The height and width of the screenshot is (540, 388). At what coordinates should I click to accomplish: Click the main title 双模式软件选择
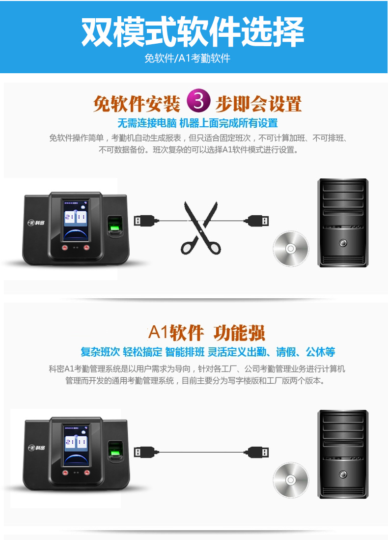tap(193, 31)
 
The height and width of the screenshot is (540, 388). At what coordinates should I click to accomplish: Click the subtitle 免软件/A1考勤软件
tap(187, 58)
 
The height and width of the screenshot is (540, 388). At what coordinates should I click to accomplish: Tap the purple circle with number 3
tap(198, 101)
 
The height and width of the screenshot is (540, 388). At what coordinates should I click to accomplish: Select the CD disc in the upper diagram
tap(291, 248)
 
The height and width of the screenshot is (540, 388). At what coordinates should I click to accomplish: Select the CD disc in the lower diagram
tap(291, 480)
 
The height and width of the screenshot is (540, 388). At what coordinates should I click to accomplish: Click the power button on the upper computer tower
tap(343, 243)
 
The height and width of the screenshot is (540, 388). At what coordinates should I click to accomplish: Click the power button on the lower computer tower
tap(343, 474)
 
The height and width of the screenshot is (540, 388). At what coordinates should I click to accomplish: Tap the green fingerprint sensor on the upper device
tap(114, 227)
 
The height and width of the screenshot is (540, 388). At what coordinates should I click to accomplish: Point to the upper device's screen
tap(76, 221)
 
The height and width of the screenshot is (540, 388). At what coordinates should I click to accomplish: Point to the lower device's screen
tap(76, 446)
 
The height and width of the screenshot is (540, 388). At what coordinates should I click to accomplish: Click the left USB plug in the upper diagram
tap(146, 221)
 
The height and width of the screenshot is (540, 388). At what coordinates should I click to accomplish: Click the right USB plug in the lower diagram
tap(256, 452)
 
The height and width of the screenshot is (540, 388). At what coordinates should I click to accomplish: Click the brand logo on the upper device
tap(36, 223)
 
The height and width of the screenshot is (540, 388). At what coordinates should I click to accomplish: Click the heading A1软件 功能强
tap(206, 333)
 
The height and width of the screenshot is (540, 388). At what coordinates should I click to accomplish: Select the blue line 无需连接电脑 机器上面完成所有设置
tap(197, 123)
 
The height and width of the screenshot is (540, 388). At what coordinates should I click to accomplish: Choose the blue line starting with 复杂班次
tap(208, 352)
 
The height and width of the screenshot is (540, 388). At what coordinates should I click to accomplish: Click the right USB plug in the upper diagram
tap(256, 221)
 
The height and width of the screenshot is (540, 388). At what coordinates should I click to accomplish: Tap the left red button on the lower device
tap(65, 473)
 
